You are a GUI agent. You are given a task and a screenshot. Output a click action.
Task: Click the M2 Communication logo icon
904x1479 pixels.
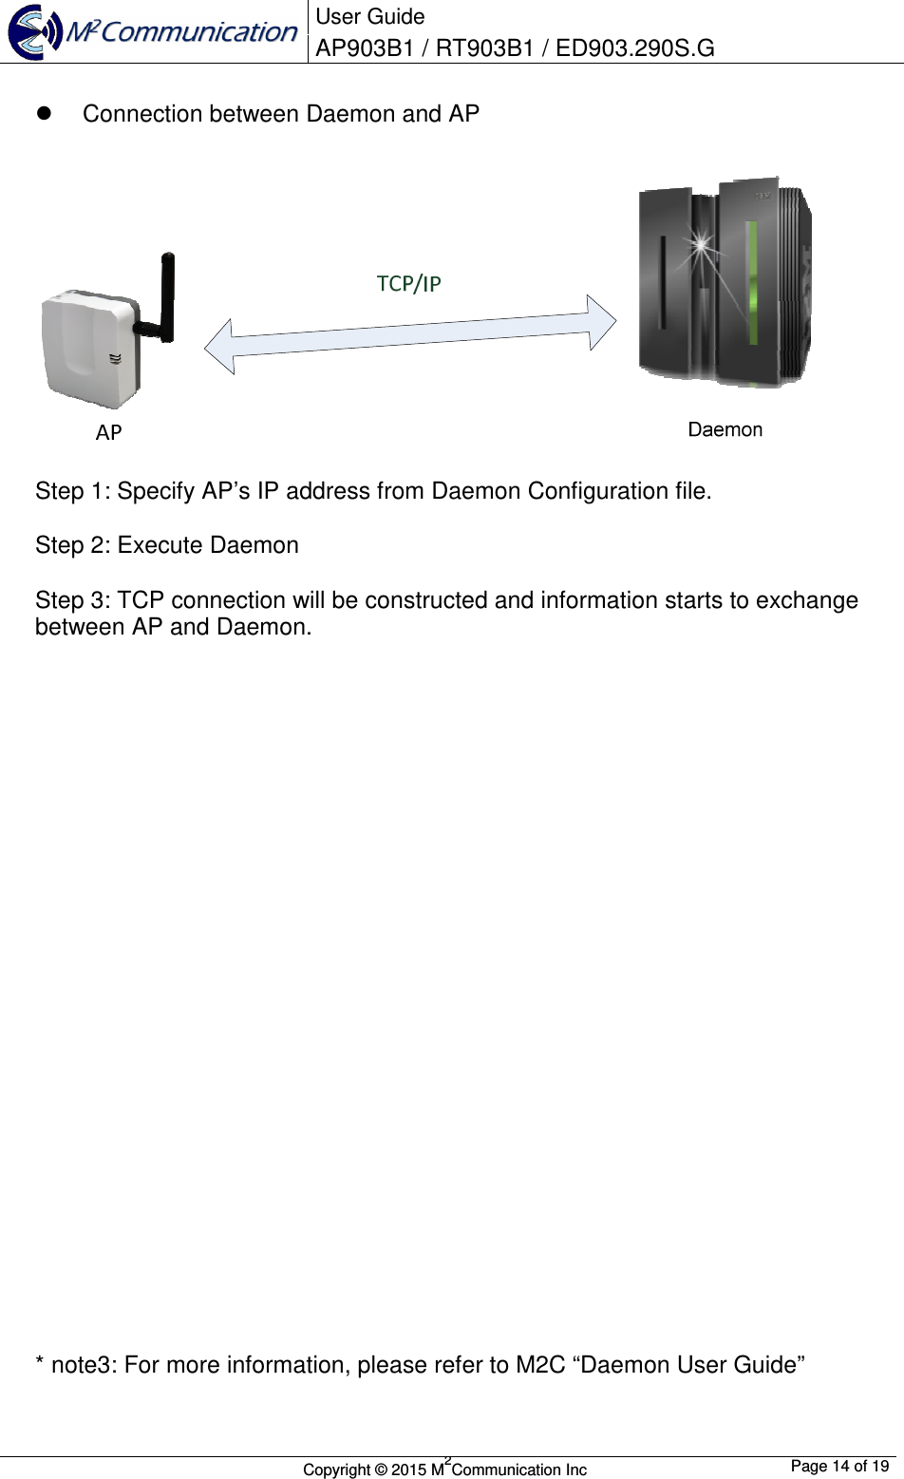point(34,32)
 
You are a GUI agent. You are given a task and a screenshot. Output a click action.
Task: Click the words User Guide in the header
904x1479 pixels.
point(369,17)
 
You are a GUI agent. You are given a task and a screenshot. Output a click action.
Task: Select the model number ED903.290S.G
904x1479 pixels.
point(634,47)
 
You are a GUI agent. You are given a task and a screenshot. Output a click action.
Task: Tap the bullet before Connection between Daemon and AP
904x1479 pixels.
point(43,114)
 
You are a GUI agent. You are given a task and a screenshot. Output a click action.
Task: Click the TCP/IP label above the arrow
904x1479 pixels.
point(408,283)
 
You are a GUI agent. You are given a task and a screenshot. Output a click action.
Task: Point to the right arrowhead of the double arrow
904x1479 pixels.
point(601,322)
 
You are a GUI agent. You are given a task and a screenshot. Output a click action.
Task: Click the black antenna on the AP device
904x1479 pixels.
point(166,294)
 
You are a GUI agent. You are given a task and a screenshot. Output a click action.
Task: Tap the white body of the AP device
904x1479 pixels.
point(87,347)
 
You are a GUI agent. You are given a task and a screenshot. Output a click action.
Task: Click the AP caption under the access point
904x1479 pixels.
point(108,433)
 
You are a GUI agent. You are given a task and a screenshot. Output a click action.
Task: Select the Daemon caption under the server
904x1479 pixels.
point(725,430)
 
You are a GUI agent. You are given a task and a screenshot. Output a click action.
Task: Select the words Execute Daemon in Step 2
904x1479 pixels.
point(208,545)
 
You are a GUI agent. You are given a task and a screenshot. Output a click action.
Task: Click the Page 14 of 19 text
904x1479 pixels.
point(838,1466)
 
